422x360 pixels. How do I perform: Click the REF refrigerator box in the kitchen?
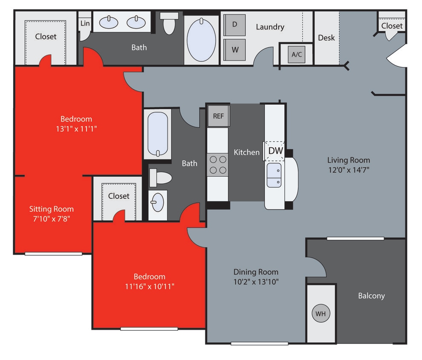[x=218, y=116]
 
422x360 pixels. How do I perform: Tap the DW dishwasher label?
[x=275, y=151]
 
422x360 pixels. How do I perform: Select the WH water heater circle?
[x=321, y=314]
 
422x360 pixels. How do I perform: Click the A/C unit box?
[x=296, y=55]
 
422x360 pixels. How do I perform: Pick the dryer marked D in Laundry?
[x=234, y=24]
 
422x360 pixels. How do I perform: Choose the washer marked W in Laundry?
[x=234, y=49]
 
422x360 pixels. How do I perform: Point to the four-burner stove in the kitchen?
[x=218, y=165]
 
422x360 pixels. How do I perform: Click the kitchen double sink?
[x=274, y=175]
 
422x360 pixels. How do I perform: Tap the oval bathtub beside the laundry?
[x=202, y=39]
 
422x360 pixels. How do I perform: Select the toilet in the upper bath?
[x=170, y=23]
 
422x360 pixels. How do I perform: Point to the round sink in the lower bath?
[x=158, y=202]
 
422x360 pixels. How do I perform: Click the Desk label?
[x=327, y=38]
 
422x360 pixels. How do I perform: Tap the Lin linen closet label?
[x=85, y=23]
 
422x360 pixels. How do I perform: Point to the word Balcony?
[x=371, y=296]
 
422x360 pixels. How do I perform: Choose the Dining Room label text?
[x=256, y=272]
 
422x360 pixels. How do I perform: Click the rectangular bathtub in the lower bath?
[x=157, y=134]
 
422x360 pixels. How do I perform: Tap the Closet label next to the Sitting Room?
[x=119, y=196]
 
